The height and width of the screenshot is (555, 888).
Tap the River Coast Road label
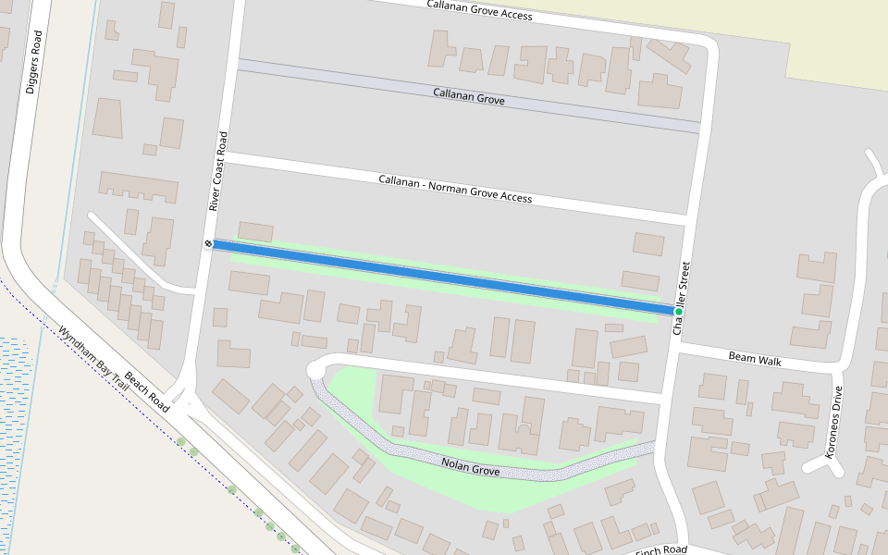(218, 171)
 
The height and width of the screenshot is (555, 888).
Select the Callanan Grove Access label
(479, 10)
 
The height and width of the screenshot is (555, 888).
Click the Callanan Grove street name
(469, 95)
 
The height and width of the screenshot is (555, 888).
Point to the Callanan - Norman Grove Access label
(455, 188)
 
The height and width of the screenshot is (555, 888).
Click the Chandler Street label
(683, 296)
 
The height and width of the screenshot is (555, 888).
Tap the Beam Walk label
(755, 359)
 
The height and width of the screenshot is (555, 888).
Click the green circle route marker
(679, 312)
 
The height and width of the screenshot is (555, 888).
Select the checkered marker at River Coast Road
(209, 243)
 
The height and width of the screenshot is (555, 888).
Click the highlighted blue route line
(444, 277)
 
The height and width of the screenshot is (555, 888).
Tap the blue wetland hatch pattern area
(13, 388)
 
